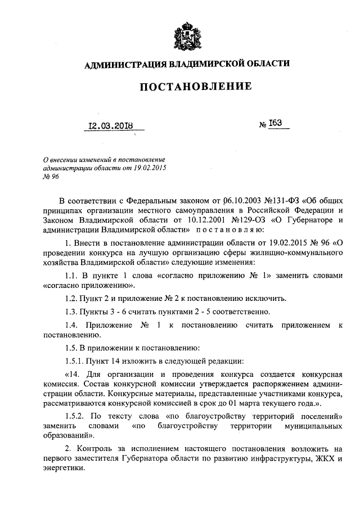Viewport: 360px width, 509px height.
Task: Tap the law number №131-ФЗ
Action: point(280,200)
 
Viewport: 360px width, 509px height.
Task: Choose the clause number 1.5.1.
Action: point(76,359)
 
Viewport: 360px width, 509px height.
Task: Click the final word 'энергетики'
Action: point(62,470)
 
